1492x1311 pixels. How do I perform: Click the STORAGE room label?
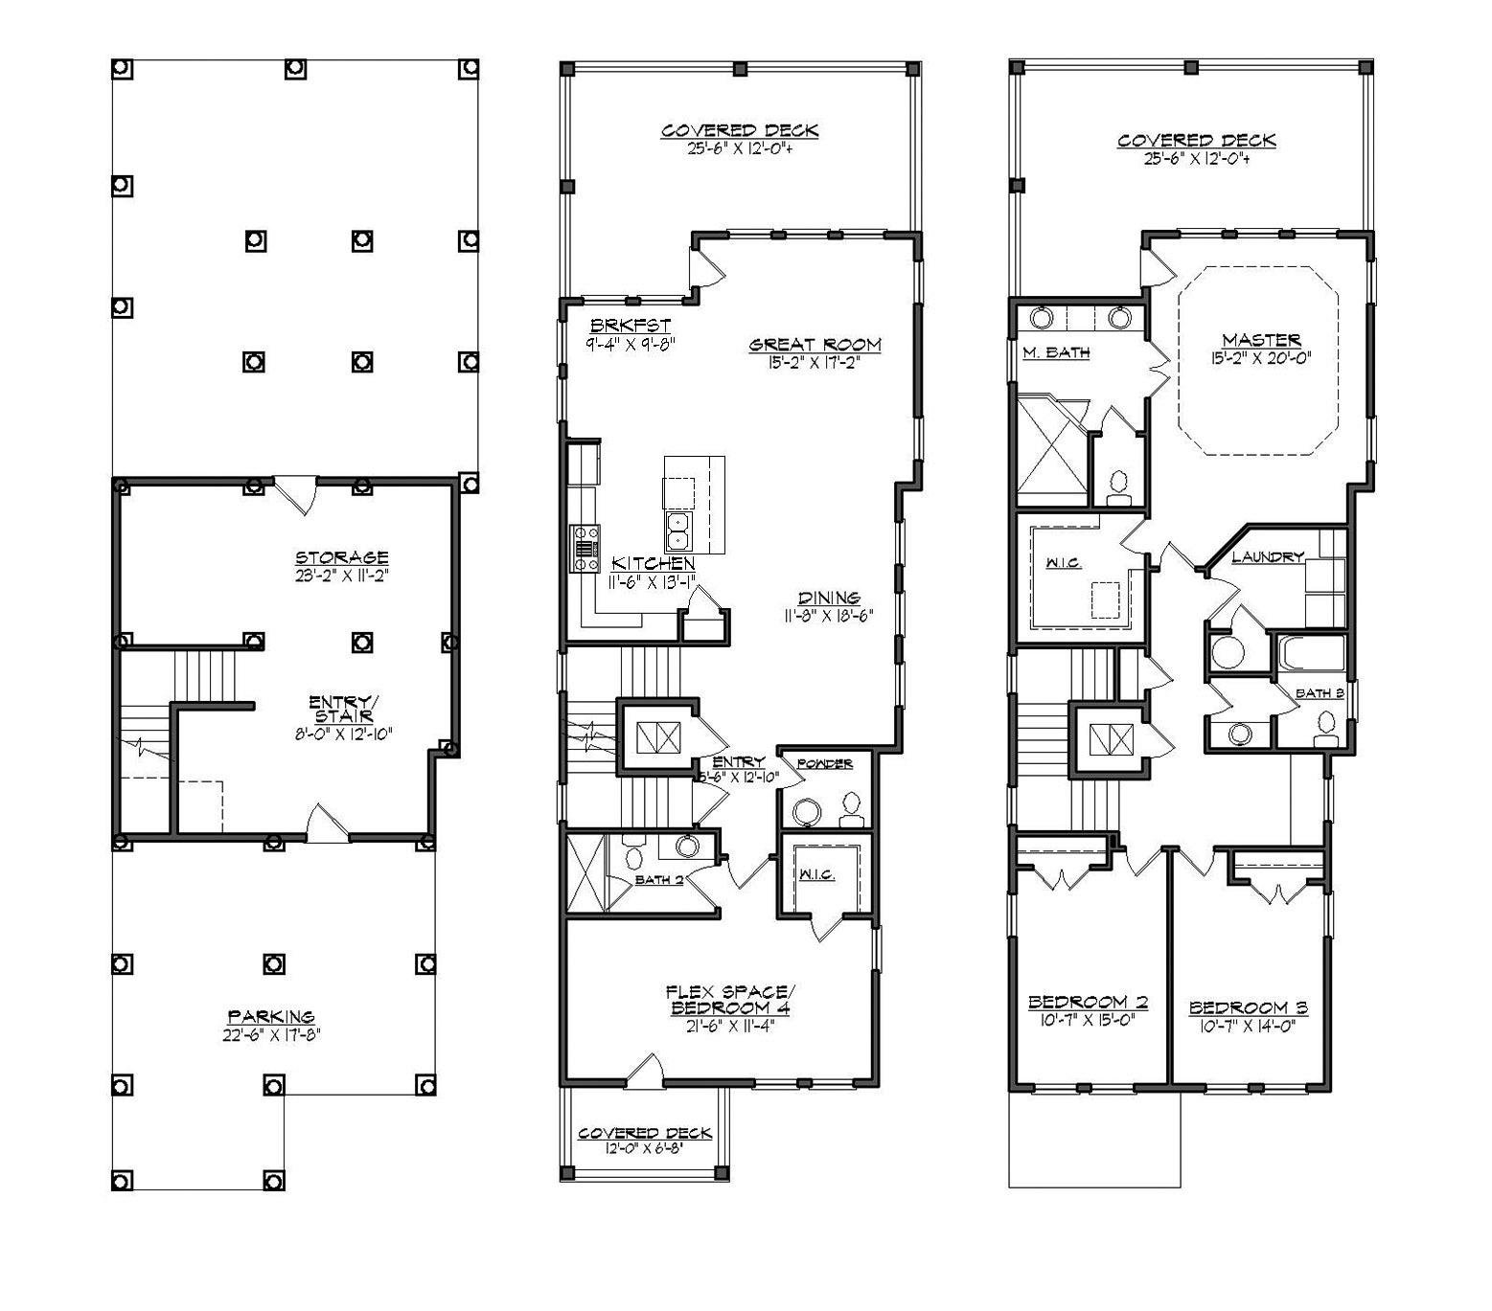[341, 557]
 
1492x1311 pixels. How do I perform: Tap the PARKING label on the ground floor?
[271, 1016]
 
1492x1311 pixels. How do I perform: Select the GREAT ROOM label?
[815, 345]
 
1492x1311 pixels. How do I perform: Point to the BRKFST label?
[630, 326]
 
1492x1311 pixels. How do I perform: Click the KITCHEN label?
[654, 563]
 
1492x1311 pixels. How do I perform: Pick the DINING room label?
[830, 599]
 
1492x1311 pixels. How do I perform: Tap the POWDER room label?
[825, 763]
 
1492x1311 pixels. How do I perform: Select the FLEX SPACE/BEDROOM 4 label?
[729, 999]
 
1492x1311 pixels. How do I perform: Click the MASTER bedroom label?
[1261, 340]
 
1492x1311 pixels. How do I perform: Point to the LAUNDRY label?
[1268, 556]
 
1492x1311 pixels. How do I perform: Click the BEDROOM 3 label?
[1248, 1007]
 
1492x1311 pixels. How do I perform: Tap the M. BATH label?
[1056, 352]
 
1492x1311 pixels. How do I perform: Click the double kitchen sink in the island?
[679, 528]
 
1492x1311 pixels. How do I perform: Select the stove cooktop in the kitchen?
[585, 549]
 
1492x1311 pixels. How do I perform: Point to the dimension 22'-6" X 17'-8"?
[271, 1034]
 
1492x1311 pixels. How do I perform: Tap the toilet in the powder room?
[850, 810]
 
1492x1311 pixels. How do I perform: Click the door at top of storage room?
[297, 493]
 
